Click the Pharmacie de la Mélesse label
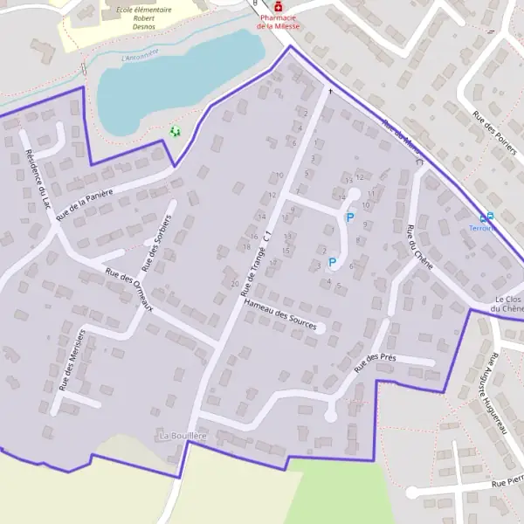(x=278, y=21)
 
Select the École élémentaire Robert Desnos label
(x=144, y=17)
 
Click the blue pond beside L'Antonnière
(x=175, y=79)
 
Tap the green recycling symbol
(x=175, y=132)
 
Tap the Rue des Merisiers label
(x=72, y=358)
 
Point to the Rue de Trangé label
(x=252, y=262)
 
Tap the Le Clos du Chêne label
(x=506, y=303)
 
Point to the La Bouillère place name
(x=183, y=435)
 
